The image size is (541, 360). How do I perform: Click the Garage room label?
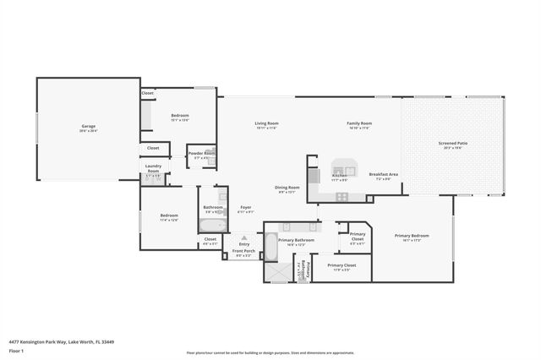point(89,128)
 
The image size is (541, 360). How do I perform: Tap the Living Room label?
point(267,123)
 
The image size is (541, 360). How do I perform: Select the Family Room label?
point(359,123)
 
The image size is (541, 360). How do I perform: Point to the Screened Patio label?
point(452,144)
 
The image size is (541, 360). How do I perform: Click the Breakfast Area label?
point(384,174)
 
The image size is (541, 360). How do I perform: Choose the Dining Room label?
point(287,188)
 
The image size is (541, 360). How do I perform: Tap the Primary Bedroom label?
point(413,236)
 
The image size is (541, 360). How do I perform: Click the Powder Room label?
point(201,153)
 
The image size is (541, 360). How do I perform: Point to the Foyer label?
point(246,207)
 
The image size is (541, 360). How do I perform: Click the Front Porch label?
point(244,251)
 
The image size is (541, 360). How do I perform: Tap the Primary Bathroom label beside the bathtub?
point(296,241)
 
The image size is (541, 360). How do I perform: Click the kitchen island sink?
point(344,165)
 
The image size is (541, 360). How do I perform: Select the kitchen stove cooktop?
point(341,197)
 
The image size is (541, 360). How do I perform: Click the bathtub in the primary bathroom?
point(270,246)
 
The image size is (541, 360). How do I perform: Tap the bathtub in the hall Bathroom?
point(212,226)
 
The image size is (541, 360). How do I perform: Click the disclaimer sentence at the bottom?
point(270,352)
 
